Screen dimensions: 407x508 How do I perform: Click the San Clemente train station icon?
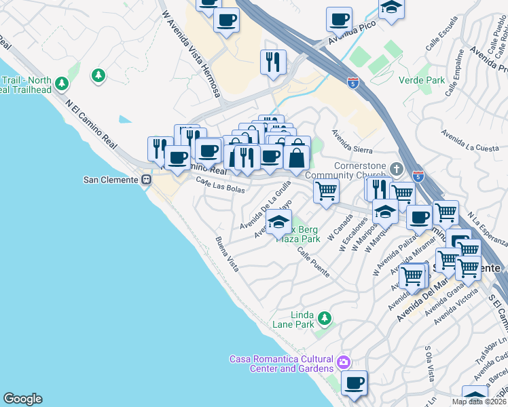pyautogui.click(x=145, y=180)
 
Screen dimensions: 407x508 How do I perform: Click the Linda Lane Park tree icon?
pyautogui.click(x=324, y=317)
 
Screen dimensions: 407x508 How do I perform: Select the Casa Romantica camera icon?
pyautogui.click(x=344, y=362)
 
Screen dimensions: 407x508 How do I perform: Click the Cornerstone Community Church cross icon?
pyautogui.click(x=397, y=168)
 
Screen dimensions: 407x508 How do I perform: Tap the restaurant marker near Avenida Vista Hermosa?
pyautogui.click(x=273, y=62)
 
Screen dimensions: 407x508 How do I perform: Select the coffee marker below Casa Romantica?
pyautogui.click(x=354, y=383)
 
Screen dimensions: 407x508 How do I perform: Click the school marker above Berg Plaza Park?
pyautogui.click(x=278, y=222)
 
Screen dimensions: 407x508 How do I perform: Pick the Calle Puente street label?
pyautogui.click(x=312, y=262)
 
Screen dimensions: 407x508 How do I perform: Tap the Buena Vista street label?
pyautogui.click(x=228, y=254)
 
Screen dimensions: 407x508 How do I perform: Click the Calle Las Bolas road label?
pyautogui.click(x=220, y=184)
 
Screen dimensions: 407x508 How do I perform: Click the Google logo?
pyautogui.click(x=22, y=399)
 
